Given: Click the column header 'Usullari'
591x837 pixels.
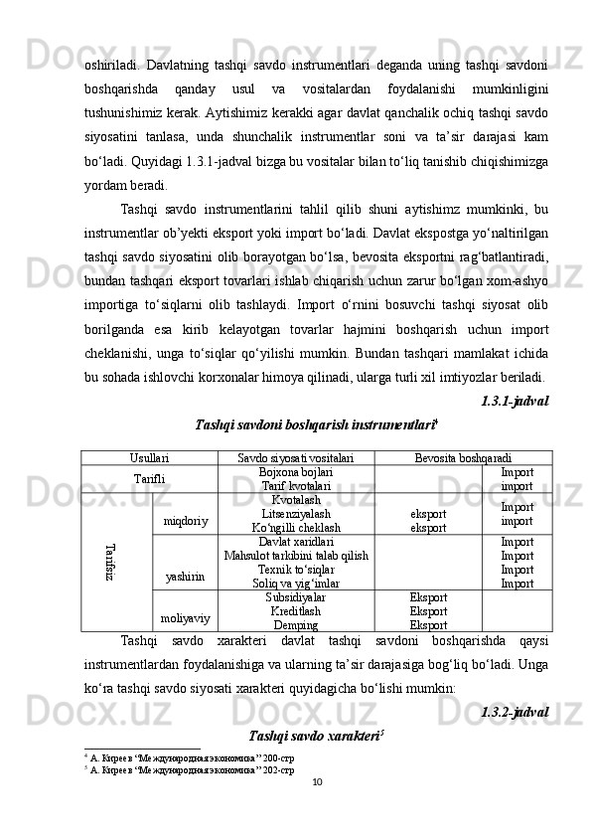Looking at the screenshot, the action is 149,456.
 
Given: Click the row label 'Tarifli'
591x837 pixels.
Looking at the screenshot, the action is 149,478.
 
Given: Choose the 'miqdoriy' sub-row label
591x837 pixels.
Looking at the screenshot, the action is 186,520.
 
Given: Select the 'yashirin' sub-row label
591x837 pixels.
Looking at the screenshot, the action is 186,576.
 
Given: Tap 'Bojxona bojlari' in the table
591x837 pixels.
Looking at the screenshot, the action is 296,471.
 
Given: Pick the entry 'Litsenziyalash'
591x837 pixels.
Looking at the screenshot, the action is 296,514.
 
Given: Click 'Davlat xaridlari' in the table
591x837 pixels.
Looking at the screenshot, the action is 296,542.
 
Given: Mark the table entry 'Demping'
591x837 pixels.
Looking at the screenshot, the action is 296,624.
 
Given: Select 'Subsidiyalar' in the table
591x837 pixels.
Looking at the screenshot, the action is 296,597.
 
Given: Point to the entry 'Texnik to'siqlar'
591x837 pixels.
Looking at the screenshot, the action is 296,570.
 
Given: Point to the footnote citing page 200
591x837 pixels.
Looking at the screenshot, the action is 189,757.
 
